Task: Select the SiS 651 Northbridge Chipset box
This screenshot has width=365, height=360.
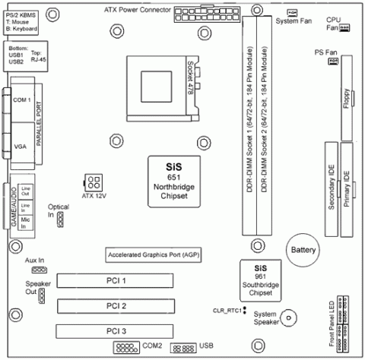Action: point(176,180)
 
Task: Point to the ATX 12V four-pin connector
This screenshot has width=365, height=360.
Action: point(94,182)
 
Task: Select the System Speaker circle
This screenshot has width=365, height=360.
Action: point(289,318)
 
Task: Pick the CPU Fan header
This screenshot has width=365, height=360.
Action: point(344,27)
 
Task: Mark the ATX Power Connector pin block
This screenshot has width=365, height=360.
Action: point(200,14)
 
